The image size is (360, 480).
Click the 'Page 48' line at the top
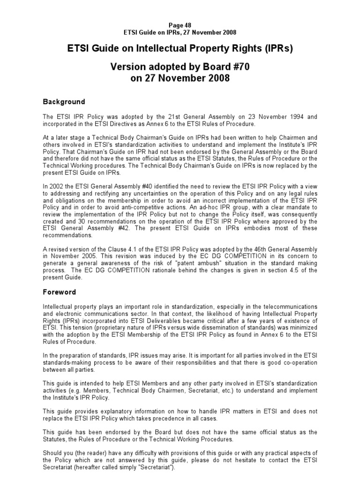[x=180, y=25]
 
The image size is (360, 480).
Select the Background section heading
[x=64, y=102]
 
